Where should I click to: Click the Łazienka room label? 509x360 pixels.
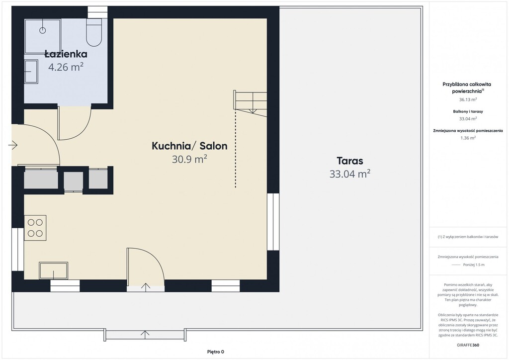[x=66, y=54]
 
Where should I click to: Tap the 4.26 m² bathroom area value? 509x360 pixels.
[x=66, y=67]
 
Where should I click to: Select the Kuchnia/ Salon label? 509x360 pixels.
[x=189, y=146]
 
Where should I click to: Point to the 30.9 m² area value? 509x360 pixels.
[x=189, y=159]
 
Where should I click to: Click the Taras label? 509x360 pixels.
[x=350, y=161]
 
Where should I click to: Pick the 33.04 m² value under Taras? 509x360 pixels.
[x=350, y=174]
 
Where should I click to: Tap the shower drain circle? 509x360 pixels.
[x=43, y=30]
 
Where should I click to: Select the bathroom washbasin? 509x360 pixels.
[x=31, y=72]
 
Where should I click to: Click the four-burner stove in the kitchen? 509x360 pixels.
[x=35, y=228]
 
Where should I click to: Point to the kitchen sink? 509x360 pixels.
[x=54, y=270]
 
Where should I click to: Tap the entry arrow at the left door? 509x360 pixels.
[x=13, y=145]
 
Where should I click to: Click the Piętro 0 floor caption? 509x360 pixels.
[x=216, y=352]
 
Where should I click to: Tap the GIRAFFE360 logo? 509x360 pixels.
[x=468, y=345]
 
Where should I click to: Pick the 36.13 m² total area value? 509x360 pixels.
[x=468, y=99]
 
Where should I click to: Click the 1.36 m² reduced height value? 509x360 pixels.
[x=468, y=138]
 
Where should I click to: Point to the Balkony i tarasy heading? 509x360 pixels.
[x=468, y=111]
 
